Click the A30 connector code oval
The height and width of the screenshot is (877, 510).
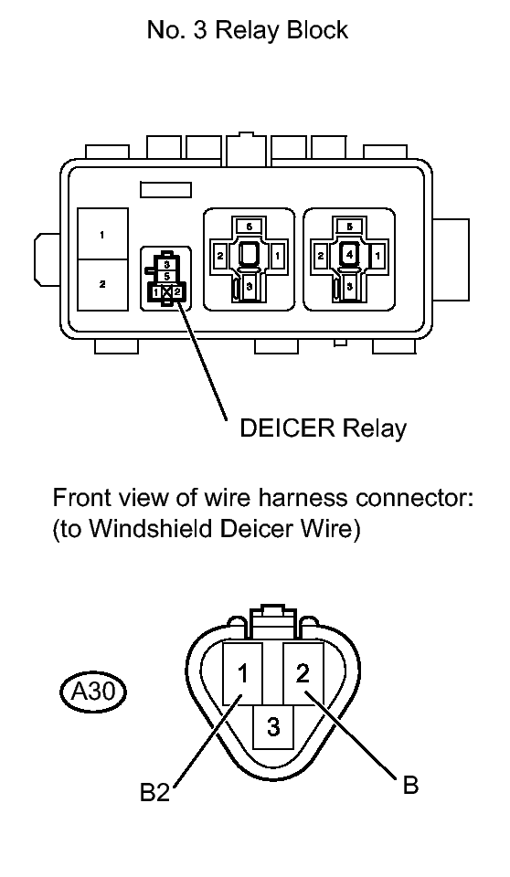pos(92,692)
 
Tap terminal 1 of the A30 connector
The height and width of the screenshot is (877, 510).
pos(242,673)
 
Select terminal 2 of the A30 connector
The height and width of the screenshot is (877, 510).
pos(303,673)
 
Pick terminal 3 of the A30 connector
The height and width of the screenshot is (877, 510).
pos(273,726)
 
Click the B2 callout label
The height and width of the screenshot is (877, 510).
pos(154,793)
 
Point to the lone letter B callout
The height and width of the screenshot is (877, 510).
pos(410,785)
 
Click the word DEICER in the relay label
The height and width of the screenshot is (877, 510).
pos(288,428)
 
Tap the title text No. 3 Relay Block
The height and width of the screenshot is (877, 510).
pos(248,29)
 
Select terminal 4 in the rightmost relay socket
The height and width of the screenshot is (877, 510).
pos(349,255)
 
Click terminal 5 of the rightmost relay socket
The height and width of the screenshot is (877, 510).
pos(349,227)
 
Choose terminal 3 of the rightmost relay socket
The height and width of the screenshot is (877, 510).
pos(349,286)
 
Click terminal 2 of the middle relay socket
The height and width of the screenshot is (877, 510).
pos(220,256)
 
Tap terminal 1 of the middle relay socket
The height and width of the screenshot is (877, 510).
pos(277,256)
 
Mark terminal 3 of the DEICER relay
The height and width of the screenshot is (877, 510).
pos(166,265)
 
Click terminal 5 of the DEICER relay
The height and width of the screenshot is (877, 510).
pos(166,276)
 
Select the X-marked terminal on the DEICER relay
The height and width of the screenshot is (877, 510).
pos(166,291)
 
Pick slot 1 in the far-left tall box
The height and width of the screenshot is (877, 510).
pos(102,234)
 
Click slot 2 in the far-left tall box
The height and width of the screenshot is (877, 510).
pos(102,285)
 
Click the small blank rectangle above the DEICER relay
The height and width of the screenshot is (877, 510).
pos(165,190)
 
